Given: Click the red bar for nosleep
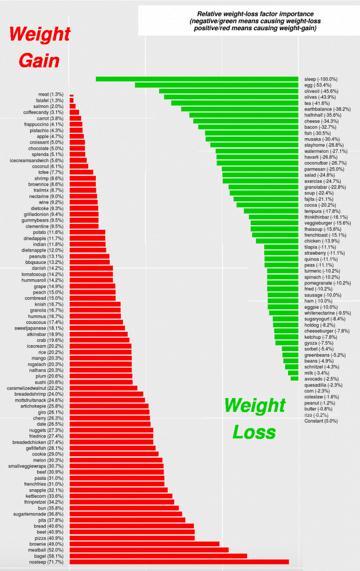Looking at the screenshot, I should (x=179, y=562).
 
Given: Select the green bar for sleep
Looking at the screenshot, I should (x=197, y=79).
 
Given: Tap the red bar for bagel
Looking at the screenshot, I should (x=158, y=556).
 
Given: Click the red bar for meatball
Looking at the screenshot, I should (x=149, y=550).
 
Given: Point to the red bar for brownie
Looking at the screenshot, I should (x=144, y=544).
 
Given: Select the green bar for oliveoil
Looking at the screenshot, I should (x=229, y=91).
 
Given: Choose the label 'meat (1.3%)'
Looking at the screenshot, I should (x=51, y=95).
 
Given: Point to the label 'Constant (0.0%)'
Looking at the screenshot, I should (x=321, y=421).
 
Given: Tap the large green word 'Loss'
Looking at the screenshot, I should (x=254, y=432).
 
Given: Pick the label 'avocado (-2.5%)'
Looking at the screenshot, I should (x=322, y=378).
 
